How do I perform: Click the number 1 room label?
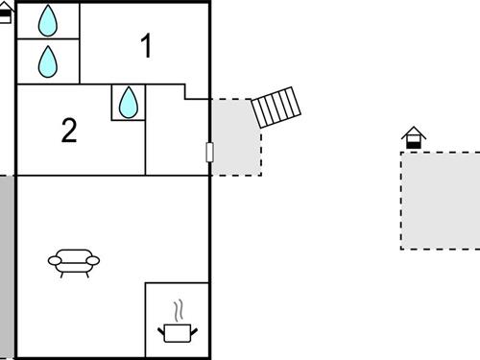pyautogui.click(x=147, y=46)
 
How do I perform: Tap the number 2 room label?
pyautogui.click(x=68, y=131)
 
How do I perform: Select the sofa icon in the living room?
pyautogui.click(x=74, y=261)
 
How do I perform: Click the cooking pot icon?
pyautogui.click(x=177, y=332)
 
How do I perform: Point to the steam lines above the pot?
pyautogui.click(x=178, y=311)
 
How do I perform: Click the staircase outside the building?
pyautogui.click(x=276, y=107)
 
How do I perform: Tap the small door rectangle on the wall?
pyautogui.click(x=209, y=152)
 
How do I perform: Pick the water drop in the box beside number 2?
pyautogui.click(x=129, y=102)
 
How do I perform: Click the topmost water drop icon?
pyautogui.click(x=48, y=20)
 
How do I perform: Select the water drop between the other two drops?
pyautogui.click(x=48, y=62)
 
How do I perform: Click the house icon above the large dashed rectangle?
pyautogui.click(x=413, y=138)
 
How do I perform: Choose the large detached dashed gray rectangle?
pyautogui.click(x=440, y=200)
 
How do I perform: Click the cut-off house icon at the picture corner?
pyautogui.click(x=5, y=14)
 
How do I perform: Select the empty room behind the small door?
pyautogui.click(x=177, y=134)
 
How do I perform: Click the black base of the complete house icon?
pyautogui.click(x=413, y=144)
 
